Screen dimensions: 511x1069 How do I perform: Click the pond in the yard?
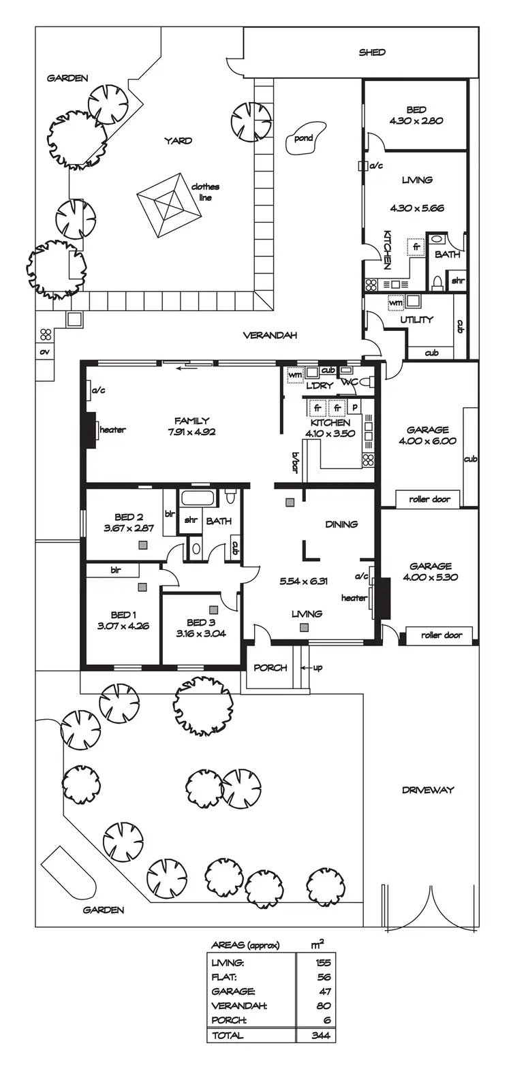coord(303,140)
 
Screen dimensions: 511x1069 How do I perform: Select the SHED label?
coord(372,52)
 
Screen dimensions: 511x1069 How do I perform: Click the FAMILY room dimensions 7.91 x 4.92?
coord(191,431)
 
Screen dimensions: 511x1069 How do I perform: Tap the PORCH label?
coord(270,667)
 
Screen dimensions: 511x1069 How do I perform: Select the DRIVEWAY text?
coord(427,790)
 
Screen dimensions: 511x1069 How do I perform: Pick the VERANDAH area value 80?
coord(323,1006)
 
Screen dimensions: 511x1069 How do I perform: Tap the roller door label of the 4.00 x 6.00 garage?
coord(429,499)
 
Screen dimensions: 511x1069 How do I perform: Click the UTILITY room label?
coord(416,319)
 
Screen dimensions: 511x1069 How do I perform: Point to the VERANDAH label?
coord(270,335)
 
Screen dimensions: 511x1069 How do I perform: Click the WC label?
coord(349,383)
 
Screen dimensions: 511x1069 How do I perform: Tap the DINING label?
coord(341,524)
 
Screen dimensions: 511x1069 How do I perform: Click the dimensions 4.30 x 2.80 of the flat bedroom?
coord(416,121)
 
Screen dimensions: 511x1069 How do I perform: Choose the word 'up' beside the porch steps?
coord(318,667)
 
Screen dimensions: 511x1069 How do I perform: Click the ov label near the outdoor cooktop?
coord(45,352)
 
